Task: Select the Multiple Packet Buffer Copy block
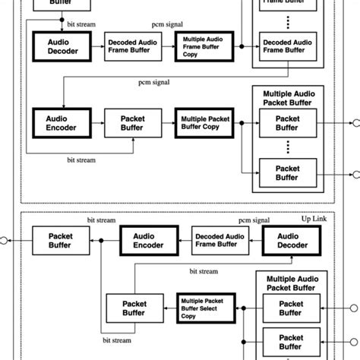203,121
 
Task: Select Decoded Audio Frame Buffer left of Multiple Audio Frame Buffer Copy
132,46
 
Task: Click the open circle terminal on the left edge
4,241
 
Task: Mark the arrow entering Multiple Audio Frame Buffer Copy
171,46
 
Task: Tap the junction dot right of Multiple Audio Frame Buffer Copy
242,46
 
